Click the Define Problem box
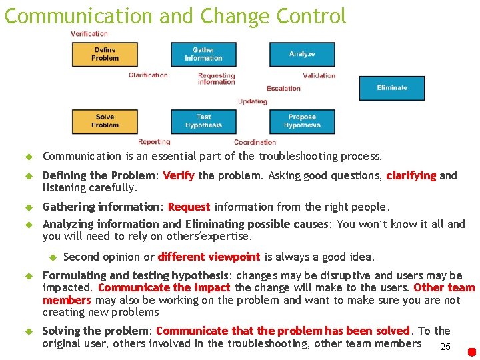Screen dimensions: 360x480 (105, 54)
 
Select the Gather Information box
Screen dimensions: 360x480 (203, 54)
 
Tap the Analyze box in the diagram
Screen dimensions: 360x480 (302, 54)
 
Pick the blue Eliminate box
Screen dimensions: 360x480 (391, 88)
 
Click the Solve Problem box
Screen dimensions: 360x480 (105, 121)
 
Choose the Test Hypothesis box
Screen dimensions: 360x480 (203, 121)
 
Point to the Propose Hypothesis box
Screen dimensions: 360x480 (302, 121)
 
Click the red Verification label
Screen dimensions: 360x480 (89, 34)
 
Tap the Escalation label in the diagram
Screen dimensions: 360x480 (283, 89)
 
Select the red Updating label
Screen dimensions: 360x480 (252, 101)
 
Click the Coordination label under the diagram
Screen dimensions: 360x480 (255, 142)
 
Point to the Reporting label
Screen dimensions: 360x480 (154, 142)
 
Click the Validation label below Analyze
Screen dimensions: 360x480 (319, 75)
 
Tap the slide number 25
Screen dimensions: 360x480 (445, 347)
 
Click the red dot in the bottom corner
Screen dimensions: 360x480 (471, 351)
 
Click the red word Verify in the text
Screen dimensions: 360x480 (179, 176)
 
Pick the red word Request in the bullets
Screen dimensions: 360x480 (189, 207)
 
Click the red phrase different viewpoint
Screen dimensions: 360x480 (209, 257)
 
